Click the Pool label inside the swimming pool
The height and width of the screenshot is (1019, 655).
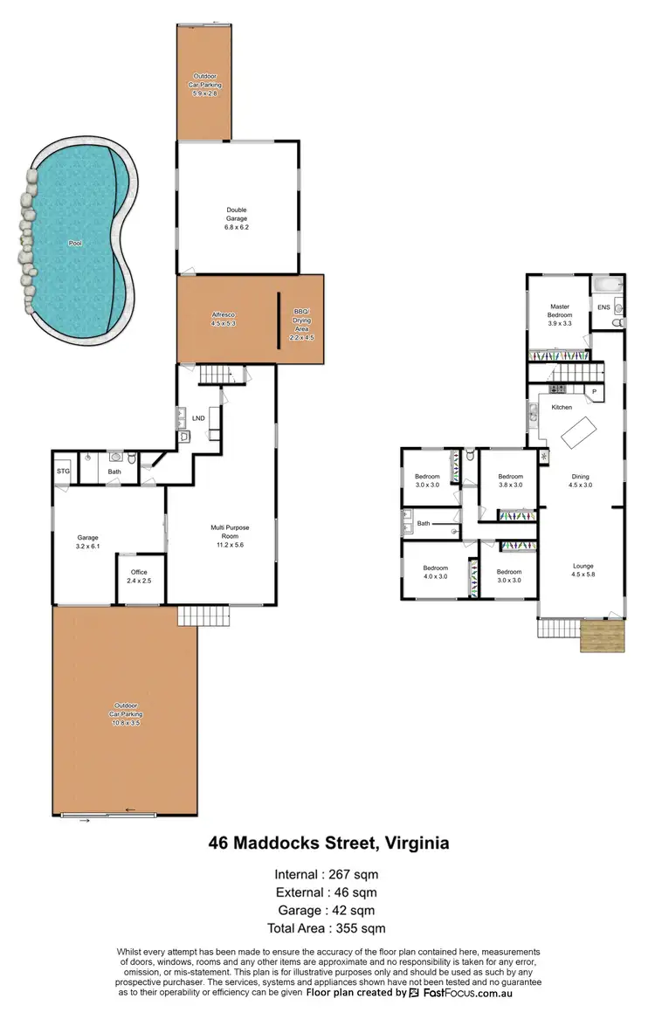pos(77,244)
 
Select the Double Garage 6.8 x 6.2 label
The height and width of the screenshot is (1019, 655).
pos(237,218)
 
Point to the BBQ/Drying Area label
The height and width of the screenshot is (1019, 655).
pos(300,323)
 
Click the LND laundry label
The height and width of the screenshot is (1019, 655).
pos(198,418)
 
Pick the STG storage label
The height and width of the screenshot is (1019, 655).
pos(63,472)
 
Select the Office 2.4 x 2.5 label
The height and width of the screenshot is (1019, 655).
pos(140,576)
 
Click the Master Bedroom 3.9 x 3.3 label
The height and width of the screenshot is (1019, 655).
pos(560,314)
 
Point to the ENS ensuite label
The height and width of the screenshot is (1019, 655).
pos(603,307)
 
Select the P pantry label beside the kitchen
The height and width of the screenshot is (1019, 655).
pos(596,392)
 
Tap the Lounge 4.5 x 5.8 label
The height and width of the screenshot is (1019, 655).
pos(583,570)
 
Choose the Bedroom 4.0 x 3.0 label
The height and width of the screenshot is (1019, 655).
pos(434,571)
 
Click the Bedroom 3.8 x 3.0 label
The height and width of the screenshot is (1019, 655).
pos(510,480)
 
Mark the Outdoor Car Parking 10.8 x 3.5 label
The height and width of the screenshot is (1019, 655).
pos(124,714)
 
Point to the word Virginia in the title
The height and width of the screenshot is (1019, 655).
pos(413,843)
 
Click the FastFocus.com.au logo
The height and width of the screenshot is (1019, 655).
pos(460,993)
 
